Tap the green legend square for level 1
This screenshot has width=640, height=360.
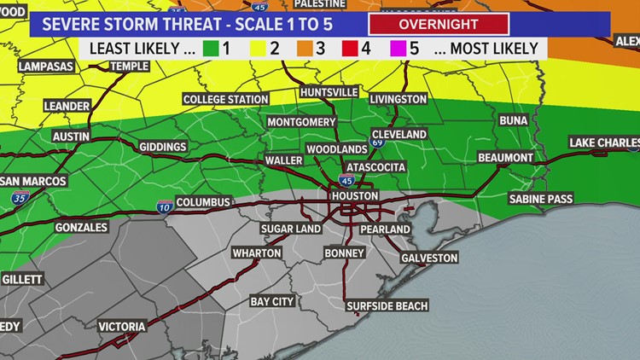click(x=201, y=49)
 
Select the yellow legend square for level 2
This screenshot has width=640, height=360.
click(x=255, y=49)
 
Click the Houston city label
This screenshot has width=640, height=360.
click(x=354, y=195)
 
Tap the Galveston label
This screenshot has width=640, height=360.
click(x=429, y=258)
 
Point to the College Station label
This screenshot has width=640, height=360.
click(x=225, y=99)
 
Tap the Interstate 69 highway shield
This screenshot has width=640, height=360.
click(x=377, y=140)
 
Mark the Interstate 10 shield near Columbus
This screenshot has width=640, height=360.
click(x=162, y=206)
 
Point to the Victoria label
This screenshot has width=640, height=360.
click(x=122, y=327)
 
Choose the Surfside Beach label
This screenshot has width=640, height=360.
click(x=387, y=305)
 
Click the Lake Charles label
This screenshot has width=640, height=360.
click(x=603, y=142)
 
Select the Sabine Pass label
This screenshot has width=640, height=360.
click(x=540, y=199)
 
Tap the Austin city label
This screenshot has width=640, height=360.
click(x=71, y=136)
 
